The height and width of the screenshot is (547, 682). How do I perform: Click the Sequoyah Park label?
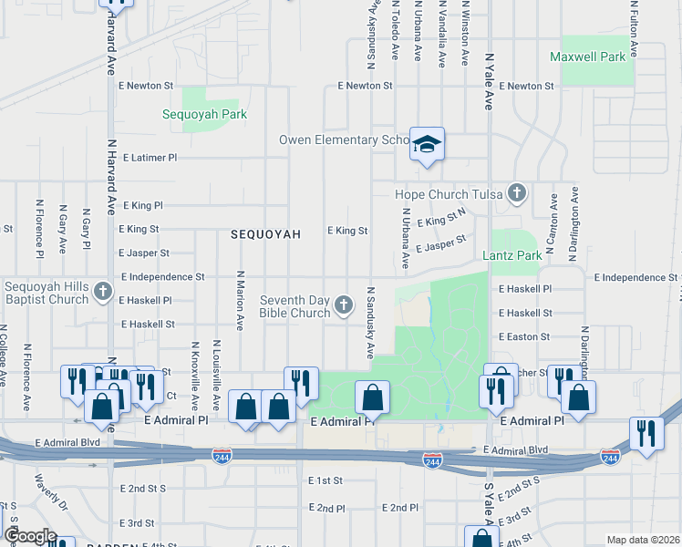[x=204, y=114]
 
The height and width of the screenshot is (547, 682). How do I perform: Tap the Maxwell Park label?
[x=588, y=57]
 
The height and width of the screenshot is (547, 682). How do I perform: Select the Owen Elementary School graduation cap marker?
[x=426, y=145]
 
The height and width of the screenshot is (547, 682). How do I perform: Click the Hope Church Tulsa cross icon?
[x=517, y=192]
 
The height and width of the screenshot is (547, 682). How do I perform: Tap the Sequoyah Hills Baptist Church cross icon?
[x=103, y=293]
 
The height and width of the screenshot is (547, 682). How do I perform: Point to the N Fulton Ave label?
[x=633, y=30]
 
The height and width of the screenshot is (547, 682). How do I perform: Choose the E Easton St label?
[x=524, y=336]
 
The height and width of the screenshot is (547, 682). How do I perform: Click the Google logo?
[x=30, y=536]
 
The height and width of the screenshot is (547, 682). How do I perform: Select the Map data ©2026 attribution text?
[x=644, y=540]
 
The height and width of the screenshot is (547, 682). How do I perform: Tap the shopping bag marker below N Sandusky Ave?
[x=372, y=397]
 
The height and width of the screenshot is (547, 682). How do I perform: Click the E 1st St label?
[x=324, y=480]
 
